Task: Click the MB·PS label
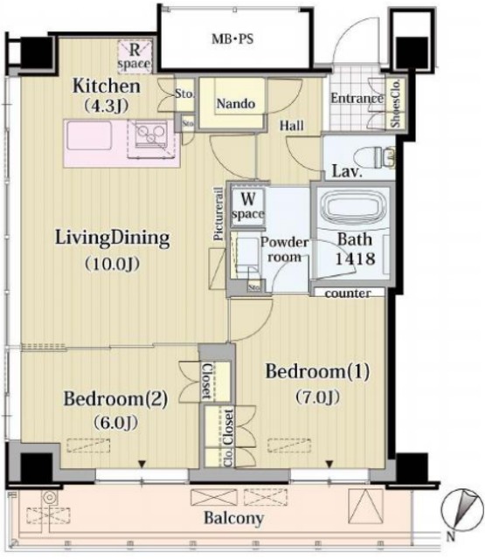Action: point(232,38)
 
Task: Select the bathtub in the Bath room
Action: point(351,206)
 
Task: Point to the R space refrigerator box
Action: point(135,57)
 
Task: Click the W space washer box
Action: point(247,206)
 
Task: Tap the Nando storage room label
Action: point(236,104)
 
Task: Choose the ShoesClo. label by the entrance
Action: point(396,103)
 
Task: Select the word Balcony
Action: point(233,518)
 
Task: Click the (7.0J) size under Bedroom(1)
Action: point(317,397)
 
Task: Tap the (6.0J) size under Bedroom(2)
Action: point(115,423)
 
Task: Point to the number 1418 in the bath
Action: point(355,259)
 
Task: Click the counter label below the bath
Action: point(348,293)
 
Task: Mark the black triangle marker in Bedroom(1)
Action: point(329,464)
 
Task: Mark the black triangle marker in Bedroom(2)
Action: point(142,464)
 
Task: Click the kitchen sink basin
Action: point(89,136)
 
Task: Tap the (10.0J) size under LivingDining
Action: point(112,264)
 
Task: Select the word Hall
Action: point(292,126)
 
